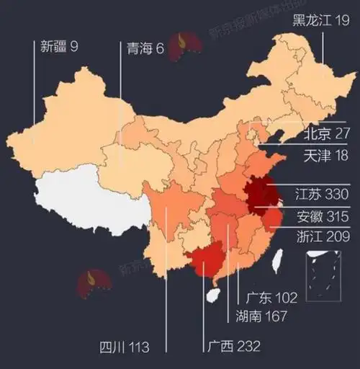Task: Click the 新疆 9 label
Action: coord(59,47)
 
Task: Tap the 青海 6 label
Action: coord(144,48)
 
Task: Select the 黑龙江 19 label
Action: coord(321,21)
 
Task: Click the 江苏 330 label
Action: coord(322,195)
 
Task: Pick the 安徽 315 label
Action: coord(322,215)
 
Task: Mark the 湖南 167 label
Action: coord(261,316)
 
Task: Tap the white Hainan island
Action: coord(212,294)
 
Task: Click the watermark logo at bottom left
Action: coord(95,283)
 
